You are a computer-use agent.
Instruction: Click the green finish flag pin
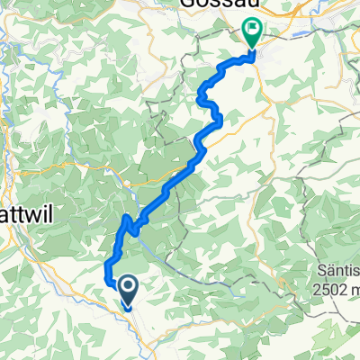[x=252, y=34]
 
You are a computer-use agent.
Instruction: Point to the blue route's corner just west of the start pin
[x=108, y=280]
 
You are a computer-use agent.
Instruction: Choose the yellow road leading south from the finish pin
[x=261, y=81]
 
